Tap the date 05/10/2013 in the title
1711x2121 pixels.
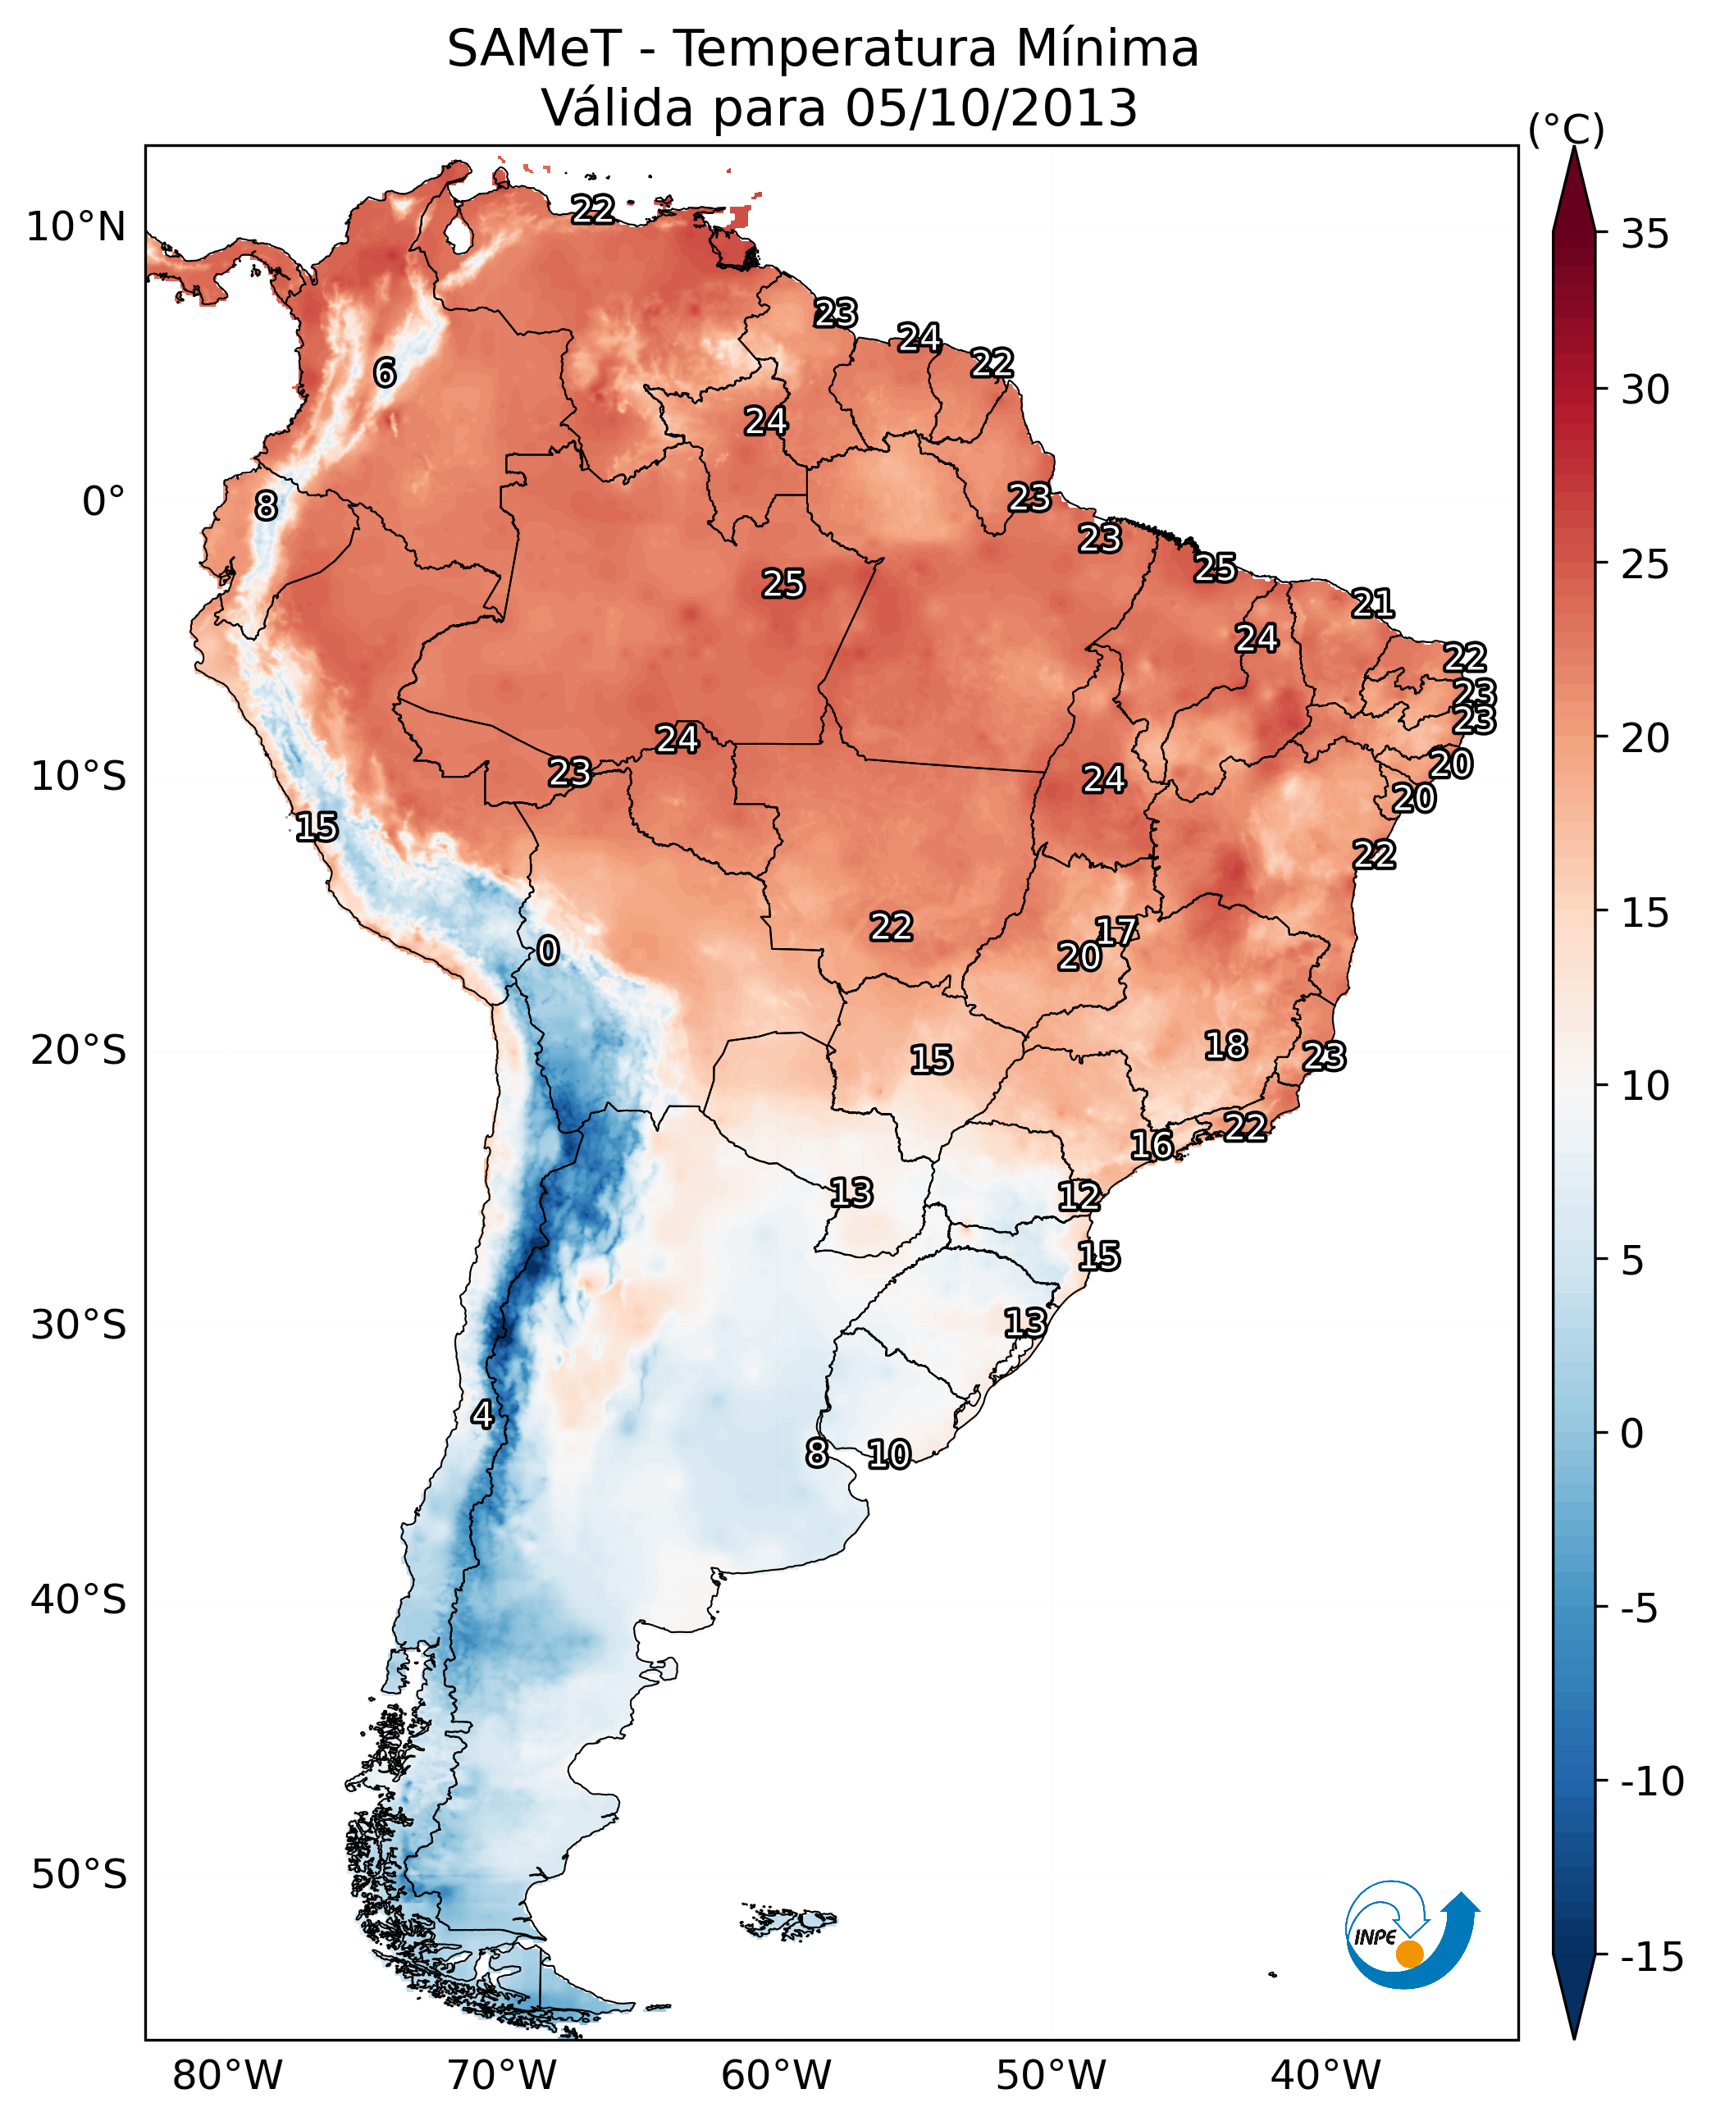[x=991, y=108]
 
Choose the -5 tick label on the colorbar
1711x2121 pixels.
[x=1639, y=1608]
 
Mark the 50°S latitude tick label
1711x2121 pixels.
[x=79, y=1873]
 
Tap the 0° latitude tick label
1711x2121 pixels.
[x=103, y=502]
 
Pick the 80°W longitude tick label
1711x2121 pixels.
[x=228, y=2076]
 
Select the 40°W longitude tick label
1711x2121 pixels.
[x=1325, y=2076]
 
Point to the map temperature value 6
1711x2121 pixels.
[x=385, y=372]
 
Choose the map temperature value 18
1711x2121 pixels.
[x=1226, y=1046]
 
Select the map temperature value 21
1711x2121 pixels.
[x=1373, y=603]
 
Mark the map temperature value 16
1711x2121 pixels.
[x=1151, y=1145]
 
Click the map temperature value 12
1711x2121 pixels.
[x=1079, y=1197]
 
